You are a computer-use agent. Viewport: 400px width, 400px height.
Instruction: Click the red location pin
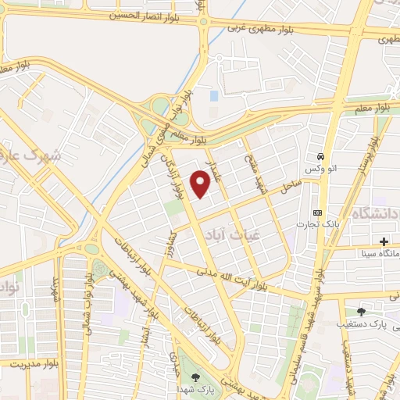202,184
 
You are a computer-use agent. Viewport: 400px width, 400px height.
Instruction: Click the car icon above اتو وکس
320,156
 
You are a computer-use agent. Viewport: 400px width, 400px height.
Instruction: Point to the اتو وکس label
316,170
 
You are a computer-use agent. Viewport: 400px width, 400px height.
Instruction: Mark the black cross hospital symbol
384,241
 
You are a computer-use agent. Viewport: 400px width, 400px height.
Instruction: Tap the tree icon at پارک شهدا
195,377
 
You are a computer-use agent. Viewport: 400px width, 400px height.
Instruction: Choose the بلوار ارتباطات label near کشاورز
198,319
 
